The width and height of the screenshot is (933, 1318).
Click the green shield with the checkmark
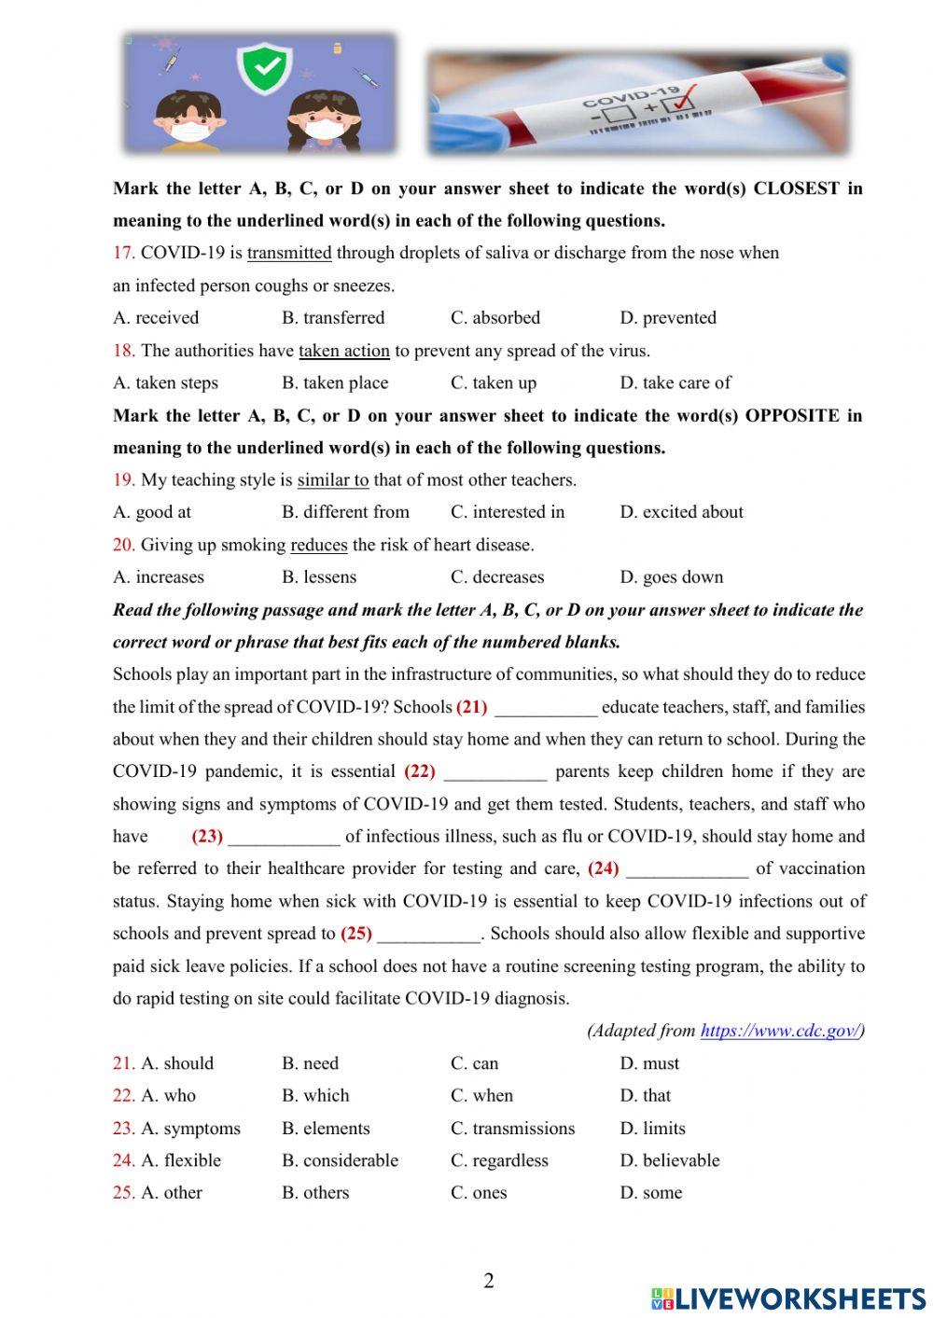point(261,67)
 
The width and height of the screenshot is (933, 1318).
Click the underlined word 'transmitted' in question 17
point(289,253)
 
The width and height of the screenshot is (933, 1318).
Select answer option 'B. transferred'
point(333,318)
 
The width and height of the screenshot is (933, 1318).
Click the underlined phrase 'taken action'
point(343,351)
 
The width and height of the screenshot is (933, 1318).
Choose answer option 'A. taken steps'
point(165,383)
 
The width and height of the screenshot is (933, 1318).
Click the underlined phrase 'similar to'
point(333,480)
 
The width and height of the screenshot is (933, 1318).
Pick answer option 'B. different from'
point(345,512)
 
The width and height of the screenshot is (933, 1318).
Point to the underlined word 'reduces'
point(319,545)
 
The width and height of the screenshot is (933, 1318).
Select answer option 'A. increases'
point(159,577)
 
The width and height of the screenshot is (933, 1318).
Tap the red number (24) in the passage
point(603,868)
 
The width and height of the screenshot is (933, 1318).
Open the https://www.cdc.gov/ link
point(779,1031)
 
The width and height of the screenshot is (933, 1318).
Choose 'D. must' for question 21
point(649,1063)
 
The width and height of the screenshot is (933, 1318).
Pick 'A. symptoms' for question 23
point(176,1129)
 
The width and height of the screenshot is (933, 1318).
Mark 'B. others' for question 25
point(315,1193)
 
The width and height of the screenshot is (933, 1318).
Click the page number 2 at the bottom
point(489,1281)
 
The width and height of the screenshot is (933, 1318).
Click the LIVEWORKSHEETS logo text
point(799,1298)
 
